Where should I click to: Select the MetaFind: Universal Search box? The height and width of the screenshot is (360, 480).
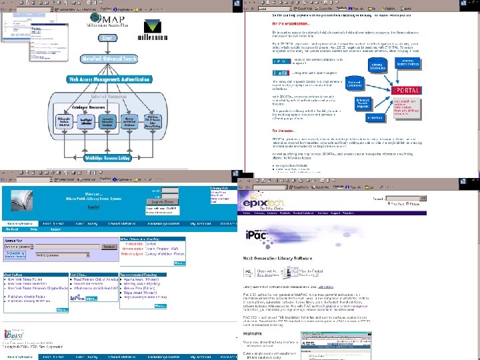point(109,61)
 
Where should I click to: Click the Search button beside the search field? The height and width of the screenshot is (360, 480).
point(109,228)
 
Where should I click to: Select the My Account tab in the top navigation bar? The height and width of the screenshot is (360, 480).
point(201,205)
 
